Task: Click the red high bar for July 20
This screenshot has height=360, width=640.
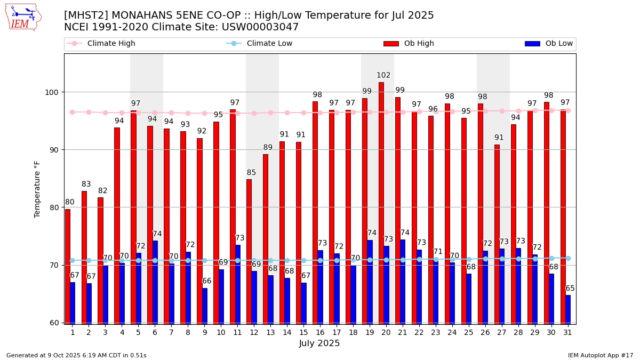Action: click(x=381, y=203)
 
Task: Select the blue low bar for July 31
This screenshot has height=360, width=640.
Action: click(x=568, y=309)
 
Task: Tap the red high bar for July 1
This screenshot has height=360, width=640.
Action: click(x=68, y=266)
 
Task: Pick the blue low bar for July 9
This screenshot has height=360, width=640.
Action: click(x=205, y=306)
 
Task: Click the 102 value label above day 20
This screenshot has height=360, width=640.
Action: click(x=383, y=76)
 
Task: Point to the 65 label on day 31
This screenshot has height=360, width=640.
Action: click(x=570, y=289)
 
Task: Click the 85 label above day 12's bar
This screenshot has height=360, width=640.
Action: click(x=251, y=173)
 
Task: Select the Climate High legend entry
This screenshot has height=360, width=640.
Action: click(x=111, y=44)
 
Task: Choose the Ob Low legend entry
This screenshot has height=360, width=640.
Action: click(x=559, y=44)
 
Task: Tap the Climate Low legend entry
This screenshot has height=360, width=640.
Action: click(x=269, y=44)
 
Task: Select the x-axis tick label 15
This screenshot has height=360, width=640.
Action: click(x=303, y=332)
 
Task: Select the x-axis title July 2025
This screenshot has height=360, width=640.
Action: click(x=319, y=343)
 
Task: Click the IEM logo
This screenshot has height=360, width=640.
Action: click(x=23, y=17)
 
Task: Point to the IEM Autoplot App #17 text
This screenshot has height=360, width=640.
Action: click(x=600, y=355)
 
